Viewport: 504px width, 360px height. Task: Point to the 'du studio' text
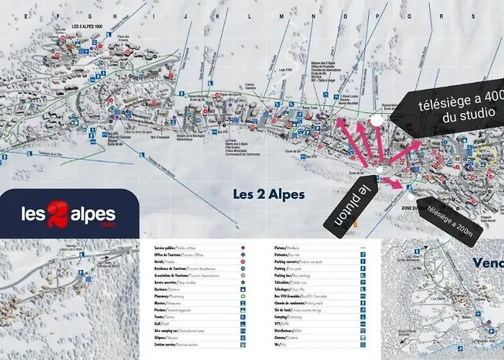[x=464, y=113]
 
